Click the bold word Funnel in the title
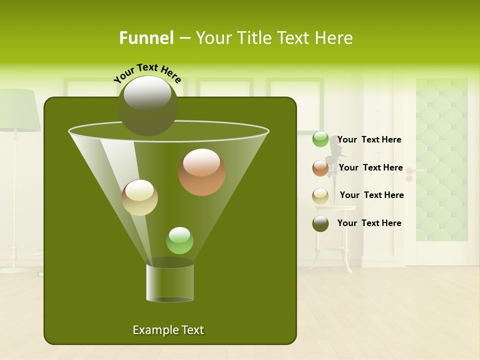146,37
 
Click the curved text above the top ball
147,73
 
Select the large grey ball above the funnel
147,105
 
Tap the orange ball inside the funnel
202,172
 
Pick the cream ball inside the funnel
139,197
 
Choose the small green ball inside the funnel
179,240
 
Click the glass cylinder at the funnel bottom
170,282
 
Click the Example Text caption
168,330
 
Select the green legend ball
320,139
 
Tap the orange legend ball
320,168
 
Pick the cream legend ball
320,196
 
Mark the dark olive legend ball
320,223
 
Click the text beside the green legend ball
369,139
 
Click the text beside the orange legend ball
370,167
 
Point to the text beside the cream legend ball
371,195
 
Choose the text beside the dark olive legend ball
369,223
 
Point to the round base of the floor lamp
15,269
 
